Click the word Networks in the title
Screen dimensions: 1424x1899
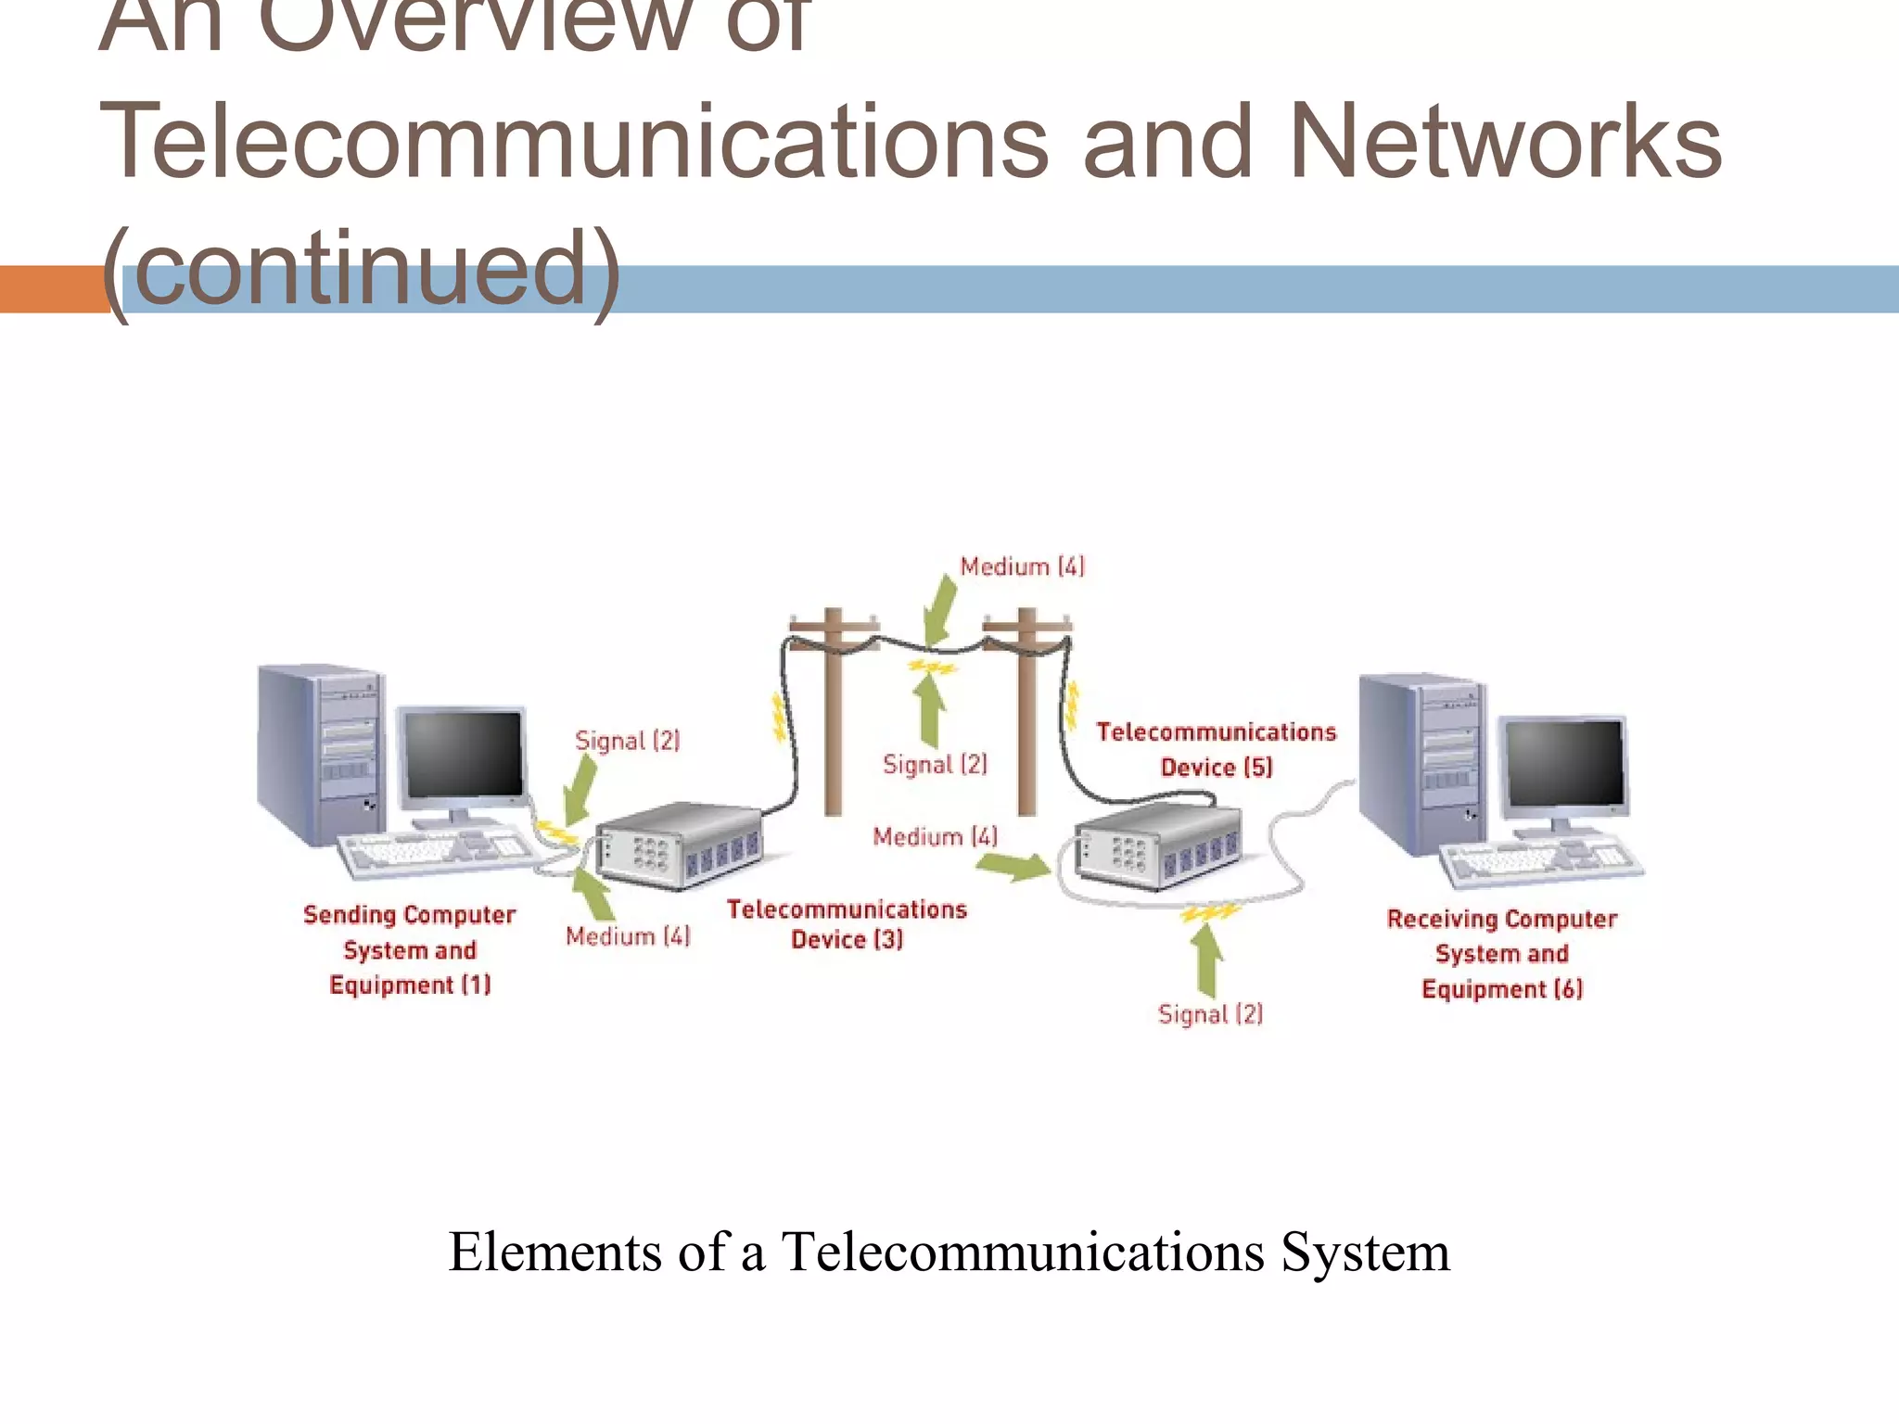click(1504, 141)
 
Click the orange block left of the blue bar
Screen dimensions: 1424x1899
click(52, 289)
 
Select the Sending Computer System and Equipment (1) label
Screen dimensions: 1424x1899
click(409, 949)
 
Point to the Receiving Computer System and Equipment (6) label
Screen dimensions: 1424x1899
click(1501, 953)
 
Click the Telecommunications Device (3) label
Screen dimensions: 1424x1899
click(846, 923)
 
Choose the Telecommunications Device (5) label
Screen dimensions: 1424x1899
click(1216, 749)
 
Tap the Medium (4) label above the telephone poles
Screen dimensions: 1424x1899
click(1021, 566)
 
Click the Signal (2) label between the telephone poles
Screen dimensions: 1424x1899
click(935, 764)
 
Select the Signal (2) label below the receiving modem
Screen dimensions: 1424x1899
click(1210, 1013)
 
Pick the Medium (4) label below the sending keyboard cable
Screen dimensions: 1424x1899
click(628, 936)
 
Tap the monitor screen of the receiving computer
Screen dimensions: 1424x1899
click(1564, 762)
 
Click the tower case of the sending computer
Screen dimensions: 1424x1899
click(320, 751)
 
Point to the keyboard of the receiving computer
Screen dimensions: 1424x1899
click(1539, 862)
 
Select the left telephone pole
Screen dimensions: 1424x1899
click(833, 714)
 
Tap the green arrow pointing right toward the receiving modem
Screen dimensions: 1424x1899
click(1013, 867)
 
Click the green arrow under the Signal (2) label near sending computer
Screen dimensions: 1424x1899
click(581, 788)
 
